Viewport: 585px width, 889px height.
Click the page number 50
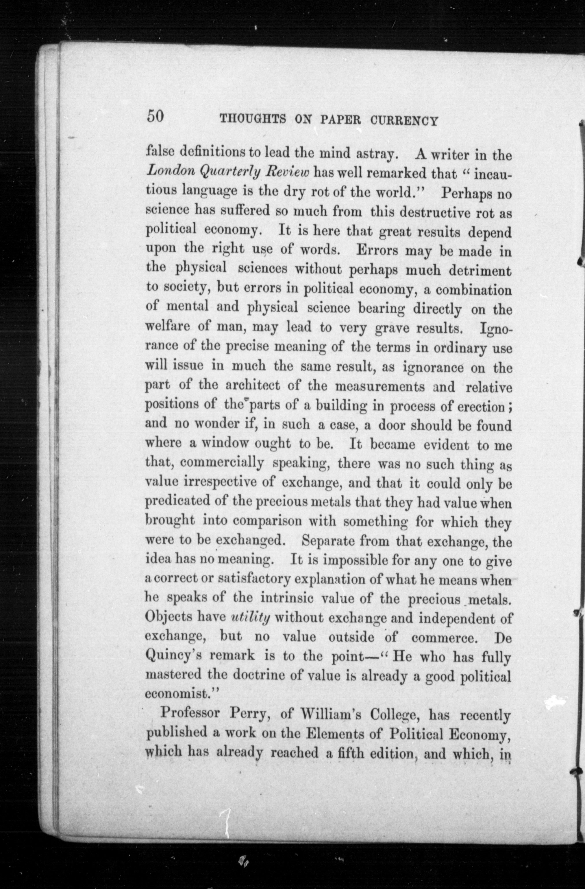(155, 116)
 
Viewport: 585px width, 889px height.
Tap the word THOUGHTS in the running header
(253, 120)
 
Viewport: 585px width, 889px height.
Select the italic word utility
(250, 618)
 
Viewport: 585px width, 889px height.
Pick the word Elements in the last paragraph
(335, 734)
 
